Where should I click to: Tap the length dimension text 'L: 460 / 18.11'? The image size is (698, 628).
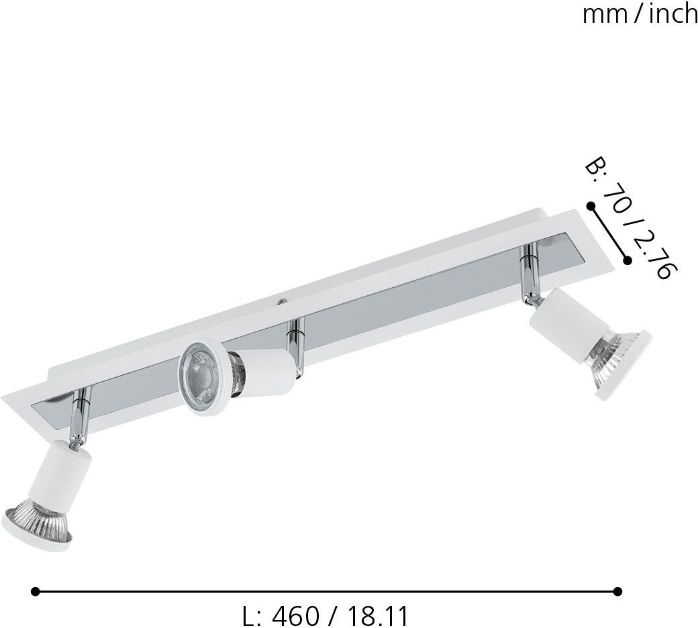pyautogui.click(x=325, y=614)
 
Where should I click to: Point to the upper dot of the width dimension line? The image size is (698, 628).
pyautogui.click(x=591, y=206)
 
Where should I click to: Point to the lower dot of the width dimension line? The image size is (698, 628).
pyautogui.click(x=628, y=260)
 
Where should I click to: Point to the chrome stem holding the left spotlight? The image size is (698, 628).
pyautogui.click(x=79, y=417)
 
